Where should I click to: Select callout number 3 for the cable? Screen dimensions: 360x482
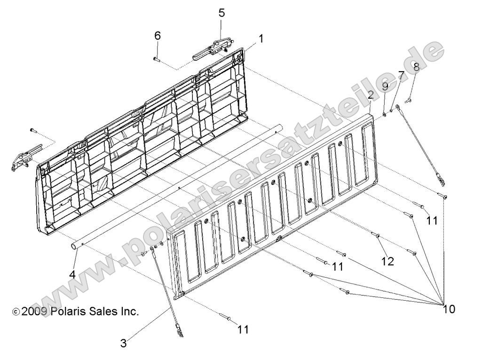pos(124,344)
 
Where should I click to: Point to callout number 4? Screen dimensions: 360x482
pos(72,274)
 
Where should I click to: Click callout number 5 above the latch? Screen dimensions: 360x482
pos(221,13)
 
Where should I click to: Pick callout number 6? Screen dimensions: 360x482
pos(158,35)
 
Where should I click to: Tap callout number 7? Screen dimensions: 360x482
pos(401,75)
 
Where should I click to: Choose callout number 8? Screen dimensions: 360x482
pos(416,67)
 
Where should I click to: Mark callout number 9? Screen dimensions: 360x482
pos(385,86)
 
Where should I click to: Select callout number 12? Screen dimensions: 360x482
pos(387,261)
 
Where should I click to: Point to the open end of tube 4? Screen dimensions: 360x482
pos(75,245)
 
